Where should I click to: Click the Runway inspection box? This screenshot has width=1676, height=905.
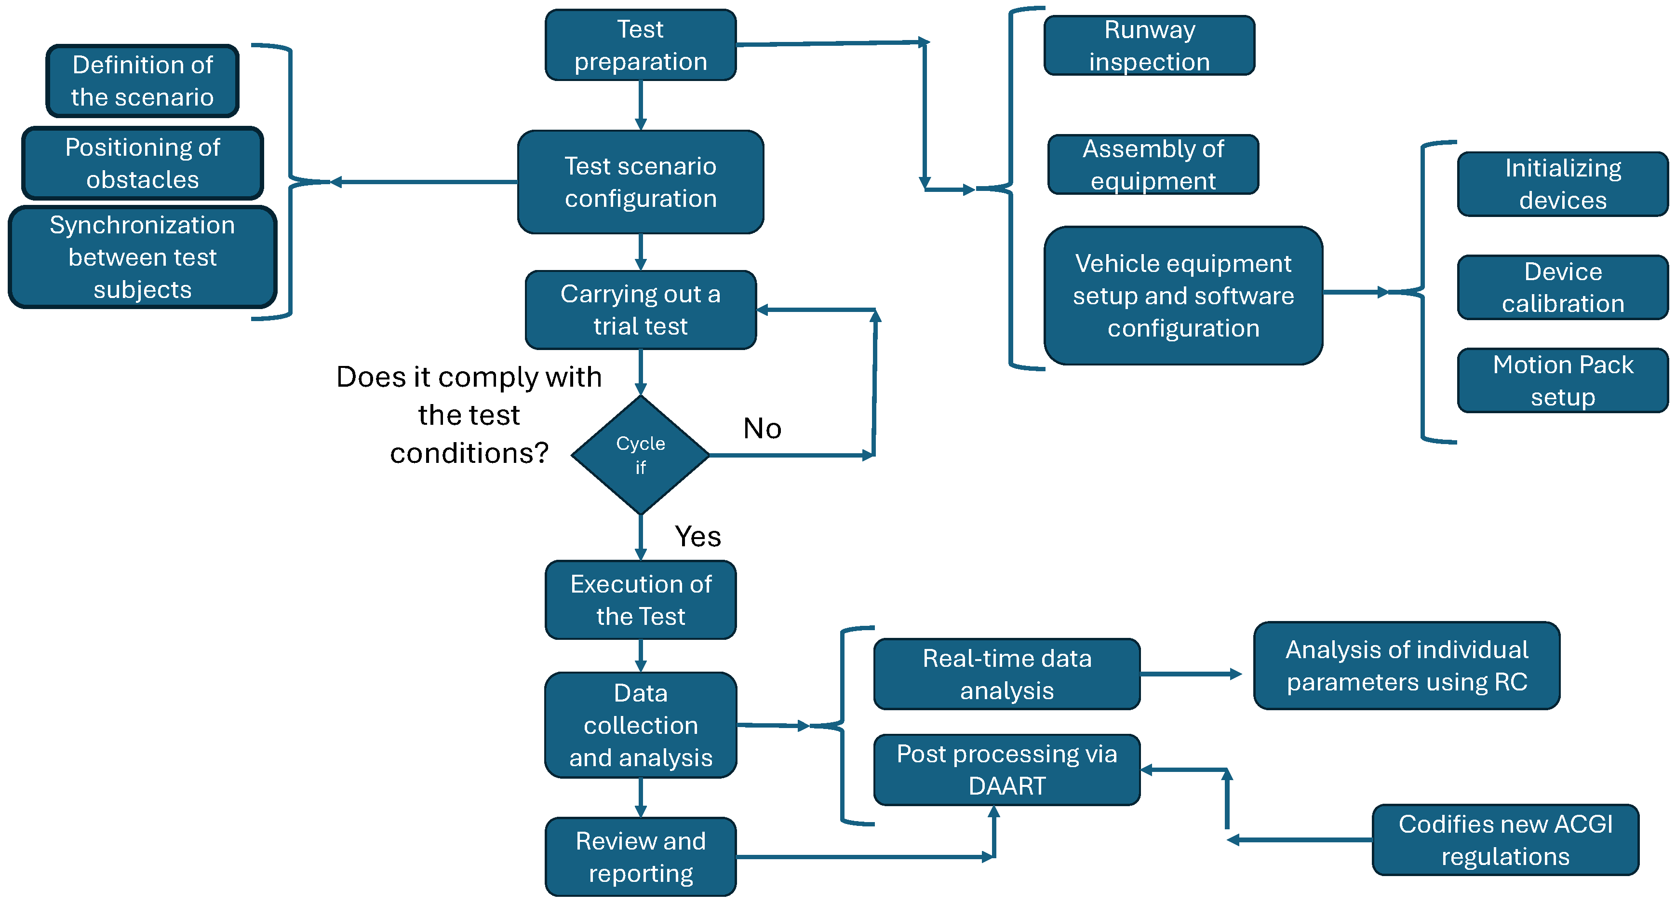(1149, 45)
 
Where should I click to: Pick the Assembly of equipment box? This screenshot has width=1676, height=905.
(1153, 164)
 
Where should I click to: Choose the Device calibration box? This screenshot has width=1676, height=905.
(1562, 287)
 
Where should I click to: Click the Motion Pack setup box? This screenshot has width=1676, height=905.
(1562, 380)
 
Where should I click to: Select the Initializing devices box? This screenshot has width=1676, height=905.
(1562, 184)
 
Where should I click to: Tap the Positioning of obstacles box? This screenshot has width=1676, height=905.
(143, 163)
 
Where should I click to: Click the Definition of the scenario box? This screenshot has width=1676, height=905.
(143, 81)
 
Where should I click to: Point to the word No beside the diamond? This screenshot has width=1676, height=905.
(762, 429)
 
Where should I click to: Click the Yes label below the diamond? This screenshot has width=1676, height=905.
(697, 537)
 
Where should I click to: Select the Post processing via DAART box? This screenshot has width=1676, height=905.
(1006, 770)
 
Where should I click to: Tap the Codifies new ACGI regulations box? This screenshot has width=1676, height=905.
(1505, 840)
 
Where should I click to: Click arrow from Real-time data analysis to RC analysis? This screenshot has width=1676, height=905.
(1191, 675)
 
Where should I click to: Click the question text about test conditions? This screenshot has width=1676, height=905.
(469, 415)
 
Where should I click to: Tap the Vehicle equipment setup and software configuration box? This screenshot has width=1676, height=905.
(1183, 296)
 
